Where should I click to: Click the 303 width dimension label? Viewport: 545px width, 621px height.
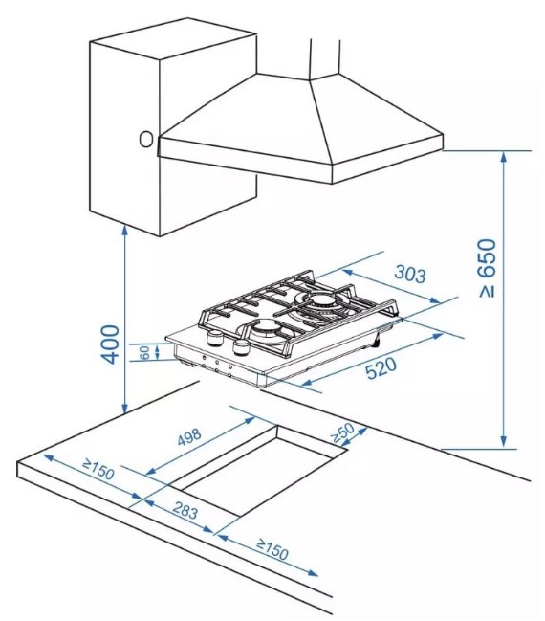pyautogui.click(x=410, y=274)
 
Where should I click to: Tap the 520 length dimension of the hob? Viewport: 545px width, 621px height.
pyautogui.click(x=381, y=368)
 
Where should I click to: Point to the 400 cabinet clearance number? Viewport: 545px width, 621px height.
pyautogui.click(x=110, y=344)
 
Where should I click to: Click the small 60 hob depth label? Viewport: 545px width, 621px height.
pyautogui.click(x=145, y=352)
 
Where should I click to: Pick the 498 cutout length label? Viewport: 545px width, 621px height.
pyautogui.click(x=189, y=436)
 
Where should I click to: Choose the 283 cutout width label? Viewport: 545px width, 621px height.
pyautogui.click(x=185, y=511)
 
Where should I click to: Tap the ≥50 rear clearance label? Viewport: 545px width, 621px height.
pyautogui.click(x=342, y=432)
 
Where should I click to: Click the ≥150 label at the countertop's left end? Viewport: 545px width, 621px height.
pyautogui.click(x=98, y=469)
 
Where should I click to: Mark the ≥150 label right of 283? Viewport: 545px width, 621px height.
pyautogui.click(x=272, y=549)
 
